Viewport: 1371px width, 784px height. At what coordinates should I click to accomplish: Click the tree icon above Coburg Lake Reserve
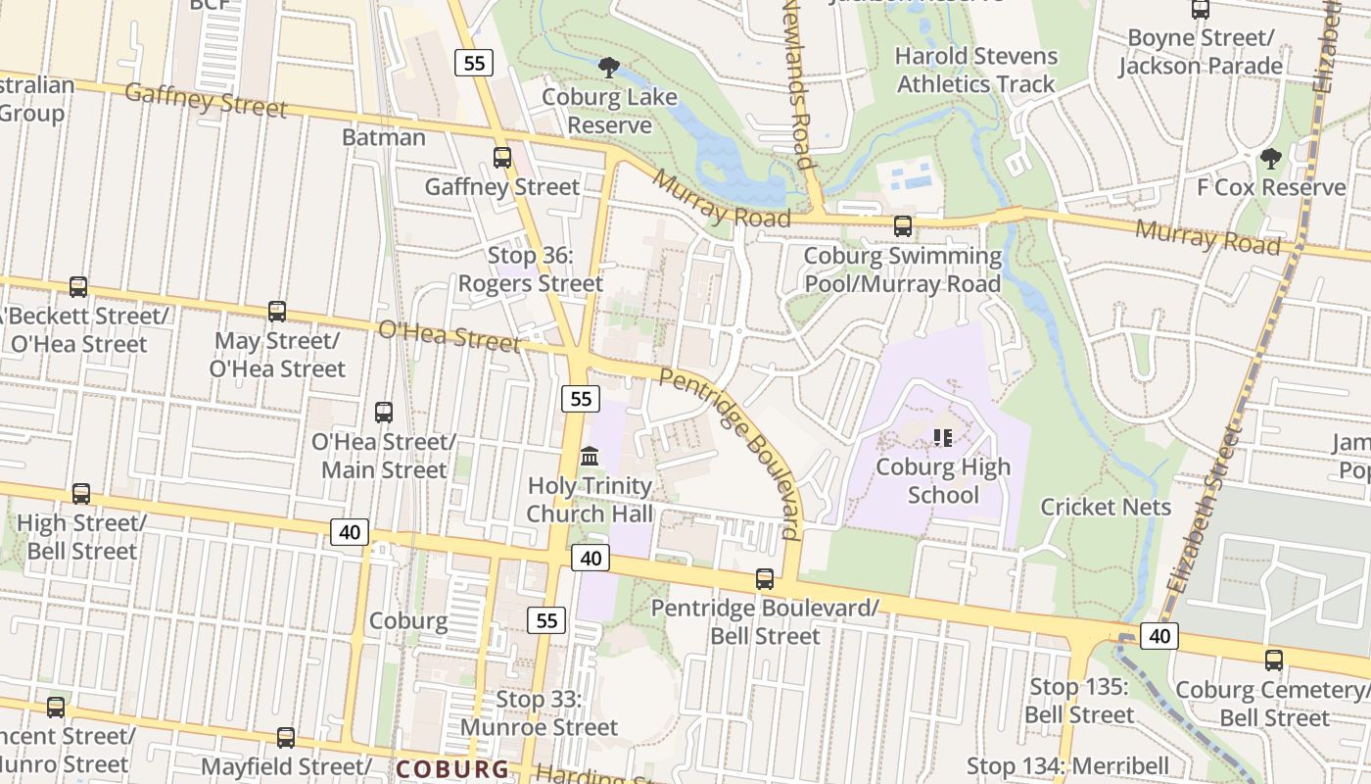(608, 68)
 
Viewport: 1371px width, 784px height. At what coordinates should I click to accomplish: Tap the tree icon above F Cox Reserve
(1270, 158)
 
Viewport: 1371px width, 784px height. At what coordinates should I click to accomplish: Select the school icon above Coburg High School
(942, 437)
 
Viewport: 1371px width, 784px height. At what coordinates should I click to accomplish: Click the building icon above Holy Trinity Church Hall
(590, 456)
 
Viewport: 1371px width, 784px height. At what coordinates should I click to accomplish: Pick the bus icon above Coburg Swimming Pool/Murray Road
(902, 226)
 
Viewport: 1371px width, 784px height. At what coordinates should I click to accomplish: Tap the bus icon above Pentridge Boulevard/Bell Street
(765, 579)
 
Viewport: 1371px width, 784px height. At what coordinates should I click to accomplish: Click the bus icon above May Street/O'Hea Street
(277, 312)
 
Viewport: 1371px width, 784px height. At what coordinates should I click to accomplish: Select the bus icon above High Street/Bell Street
(81, 494)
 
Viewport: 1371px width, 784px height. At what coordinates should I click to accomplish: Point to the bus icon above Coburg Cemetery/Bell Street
(1273, 661)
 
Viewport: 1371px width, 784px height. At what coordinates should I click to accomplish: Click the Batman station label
(384, 137)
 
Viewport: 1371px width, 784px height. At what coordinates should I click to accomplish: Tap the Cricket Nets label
(1106, 507)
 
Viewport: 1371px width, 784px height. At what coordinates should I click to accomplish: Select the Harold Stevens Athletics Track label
(976, 70)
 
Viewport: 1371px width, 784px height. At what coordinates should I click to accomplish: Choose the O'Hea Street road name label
(449, 336)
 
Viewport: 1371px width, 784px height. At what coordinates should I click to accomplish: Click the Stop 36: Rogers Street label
(531, 269)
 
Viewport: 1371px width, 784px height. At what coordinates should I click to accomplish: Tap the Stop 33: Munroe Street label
(539, 713)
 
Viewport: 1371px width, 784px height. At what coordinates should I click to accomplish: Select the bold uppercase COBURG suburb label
(452, 769)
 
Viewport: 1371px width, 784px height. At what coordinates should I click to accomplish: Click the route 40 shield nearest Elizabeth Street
(1158, 636)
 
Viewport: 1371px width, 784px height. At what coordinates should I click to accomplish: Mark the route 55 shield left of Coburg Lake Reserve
(474, 63)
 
